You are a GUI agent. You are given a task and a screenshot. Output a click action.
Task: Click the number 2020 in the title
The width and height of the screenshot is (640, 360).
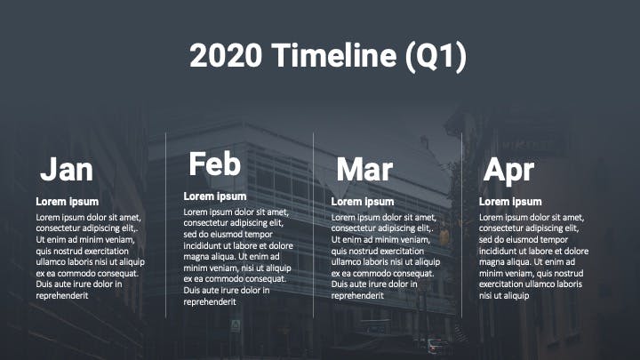coord(226,55)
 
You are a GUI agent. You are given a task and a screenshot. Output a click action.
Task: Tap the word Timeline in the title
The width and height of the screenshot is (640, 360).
coord(334,55)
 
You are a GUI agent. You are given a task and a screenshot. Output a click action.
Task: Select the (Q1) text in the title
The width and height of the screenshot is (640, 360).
coord(436,57)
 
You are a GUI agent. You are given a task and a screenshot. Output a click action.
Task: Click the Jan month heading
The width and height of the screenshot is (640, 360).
coord(67,169)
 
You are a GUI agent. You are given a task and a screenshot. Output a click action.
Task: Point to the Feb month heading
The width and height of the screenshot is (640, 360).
coord(215,164)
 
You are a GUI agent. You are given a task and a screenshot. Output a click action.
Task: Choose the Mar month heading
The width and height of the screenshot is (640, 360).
coord(364,169)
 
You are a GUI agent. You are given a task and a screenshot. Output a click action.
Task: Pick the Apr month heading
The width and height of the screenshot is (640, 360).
coord(508,171)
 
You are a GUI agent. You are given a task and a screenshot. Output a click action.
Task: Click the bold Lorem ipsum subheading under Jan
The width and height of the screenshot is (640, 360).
coord(68,202)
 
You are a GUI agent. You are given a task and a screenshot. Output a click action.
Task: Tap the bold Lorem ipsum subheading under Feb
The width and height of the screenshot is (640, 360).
coord(215,196)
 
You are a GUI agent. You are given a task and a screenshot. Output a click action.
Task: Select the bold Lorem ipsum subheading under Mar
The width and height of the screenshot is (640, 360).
coord(363,202)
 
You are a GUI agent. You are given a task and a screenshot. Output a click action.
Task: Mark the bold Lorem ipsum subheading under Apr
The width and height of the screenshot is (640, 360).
coord(510,202)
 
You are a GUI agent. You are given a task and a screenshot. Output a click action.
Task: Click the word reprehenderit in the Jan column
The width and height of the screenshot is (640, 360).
coord(62,295)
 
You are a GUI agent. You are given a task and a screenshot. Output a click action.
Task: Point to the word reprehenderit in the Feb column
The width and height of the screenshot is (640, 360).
coord(210,302)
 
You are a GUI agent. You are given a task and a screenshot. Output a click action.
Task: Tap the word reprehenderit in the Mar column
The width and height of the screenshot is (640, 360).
coord(357,295)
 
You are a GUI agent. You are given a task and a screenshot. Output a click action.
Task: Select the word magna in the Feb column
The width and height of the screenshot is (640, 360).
coord(196,257)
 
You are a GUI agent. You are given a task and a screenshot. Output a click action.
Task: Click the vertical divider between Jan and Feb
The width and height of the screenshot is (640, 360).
coord(165,225)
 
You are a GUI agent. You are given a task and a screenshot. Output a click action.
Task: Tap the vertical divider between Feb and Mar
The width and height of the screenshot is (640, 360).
coord(314,225)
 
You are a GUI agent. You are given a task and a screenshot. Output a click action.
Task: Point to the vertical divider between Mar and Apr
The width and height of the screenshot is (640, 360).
coord(461,225)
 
